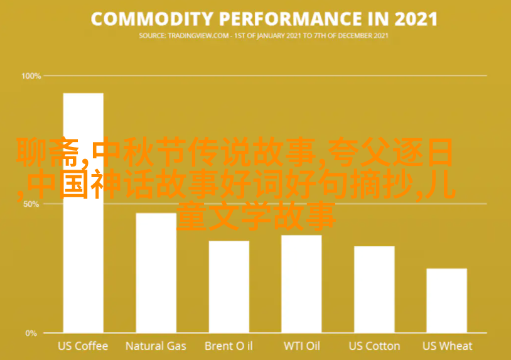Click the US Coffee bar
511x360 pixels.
[83, 213]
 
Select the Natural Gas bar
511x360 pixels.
[156, 273]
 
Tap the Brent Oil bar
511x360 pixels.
[229, 287]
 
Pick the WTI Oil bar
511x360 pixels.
[301, 284]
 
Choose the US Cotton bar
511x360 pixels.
[374, 290]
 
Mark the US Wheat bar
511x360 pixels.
[447, 301]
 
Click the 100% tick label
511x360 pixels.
[31, 76]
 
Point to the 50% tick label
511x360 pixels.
[31, 204]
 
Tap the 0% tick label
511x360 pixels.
[31, 333]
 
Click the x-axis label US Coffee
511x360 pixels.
[83, 346]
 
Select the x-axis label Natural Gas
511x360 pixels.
[156, 346]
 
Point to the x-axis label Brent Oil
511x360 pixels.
[229, 346]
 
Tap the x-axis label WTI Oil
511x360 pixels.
[302, 346]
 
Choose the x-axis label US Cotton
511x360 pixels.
[374, 346]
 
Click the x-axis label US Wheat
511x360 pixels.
[447, 346]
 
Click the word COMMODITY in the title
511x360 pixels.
[152, 19]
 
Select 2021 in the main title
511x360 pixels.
[416, 19]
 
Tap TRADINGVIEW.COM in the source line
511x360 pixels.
[198, 36]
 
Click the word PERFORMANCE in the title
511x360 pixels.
[291, 19]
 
